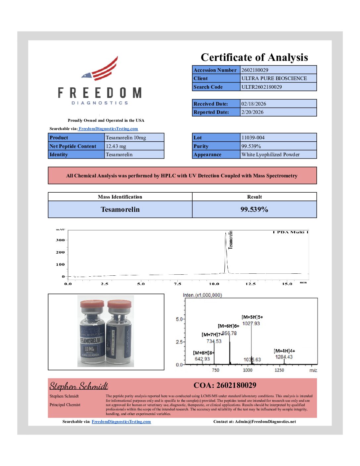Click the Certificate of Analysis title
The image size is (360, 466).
click(x=254, y=57)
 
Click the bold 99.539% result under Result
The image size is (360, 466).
click(x=254, y=210)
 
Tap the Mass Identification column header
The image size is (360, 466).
click(x=120, y=197)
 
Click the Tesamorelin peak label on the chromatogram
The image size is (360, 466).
click(x=231, y=240)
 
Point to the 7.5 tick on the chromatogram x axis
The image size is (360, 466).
click(x=177, y=284)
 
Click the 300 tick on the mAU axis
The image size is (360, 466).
click(x=60, y=240)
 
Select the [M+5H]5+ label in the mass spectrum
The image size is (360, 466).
click(x=252, y=317)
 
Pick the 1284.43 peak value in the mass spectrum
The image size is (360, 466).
click(x=284, y=357)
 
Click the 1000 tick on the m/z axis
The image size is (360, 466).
click(x=247, y=370)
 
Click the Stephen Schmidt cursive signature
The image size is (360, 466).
click(x=79, y=386)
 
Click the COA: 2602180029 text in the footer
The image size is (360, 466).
click(x=225, y=385)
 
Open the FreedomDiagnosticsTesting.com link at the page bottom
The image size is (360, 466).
click(x=121, y=422)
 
